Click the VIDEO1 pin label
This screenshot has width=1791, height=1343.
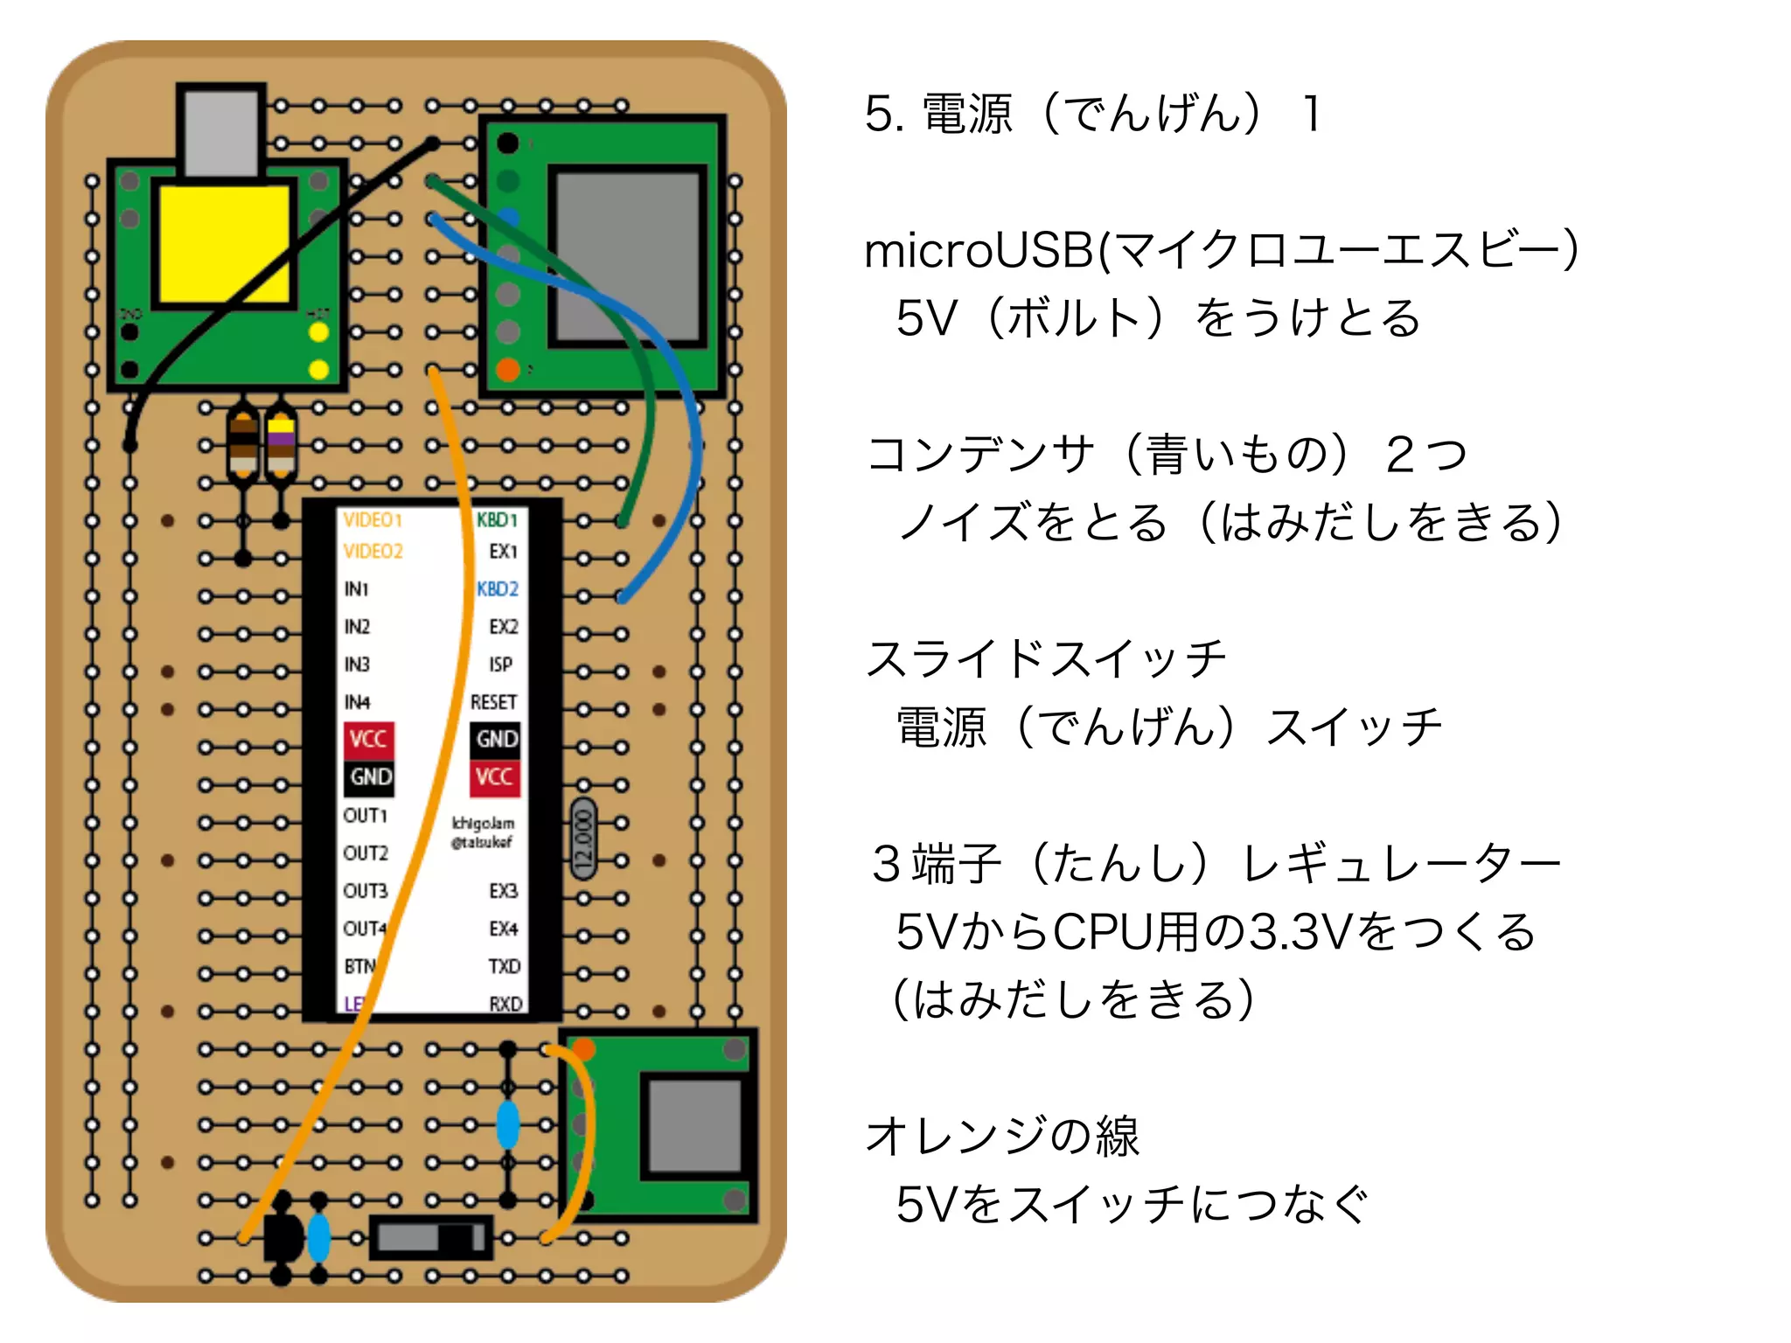tap(373, 520)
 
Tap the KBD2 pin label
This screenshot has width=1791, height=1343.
tap(498, 589)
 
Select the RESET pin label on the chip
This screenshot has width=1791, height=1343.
tap(493, 702)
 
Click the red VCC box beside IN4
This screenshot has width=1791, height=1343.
tap(368, 740)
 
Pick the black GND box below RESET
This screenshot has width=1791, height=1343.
tap(496, 740)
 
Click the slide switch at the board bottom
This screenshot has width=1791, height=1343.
tap(430, 1237)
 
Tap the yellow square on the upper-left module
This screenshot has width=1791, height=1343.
tap(223, 244)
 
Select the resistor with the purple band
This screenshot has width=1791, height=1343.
tap(281, 444)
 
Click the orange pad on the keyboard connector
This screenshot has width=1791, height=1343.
tap(508, 370)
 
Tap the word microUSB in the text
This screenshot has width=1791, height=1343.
tap(979, 251)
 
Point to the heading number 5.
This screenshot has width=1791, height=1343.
tap(882, 115)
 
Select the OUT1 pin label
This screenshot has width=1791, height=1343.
tap(366, 816)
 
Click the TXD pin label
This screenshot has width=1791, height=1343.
tap(504, 966)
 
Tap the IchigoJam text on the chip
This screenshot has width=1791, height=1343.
tap(483, 824)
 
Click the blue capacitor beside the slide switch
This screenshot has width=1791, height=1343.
tap(319, 1237)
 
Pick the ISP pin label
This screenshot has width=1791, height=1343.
tap(500, 665)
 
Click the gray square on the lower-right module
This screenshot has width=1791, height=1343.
tap(695, 1125)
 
